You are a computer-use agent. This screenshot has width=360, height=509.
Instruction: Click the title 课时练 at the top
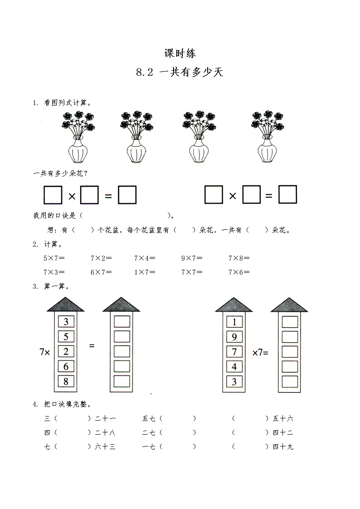coord(180,53)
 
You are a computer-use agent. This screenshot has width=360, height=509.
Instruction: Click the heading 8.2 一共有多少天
coord(180,72)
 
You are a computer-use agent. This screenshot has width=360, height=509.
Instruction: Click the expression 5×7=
coord(54,258)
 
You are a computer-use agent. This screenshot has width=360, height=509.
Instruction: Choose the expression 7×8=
coord(239,258)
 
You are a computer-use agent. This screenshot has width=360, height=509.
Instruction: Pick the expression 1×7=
coord(145,272)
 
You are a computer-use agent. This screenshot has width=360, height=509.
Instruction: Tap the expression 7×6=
coord(239,272)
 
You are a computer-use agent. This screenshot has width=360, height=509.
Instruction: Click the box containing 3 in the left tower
coord(66,322)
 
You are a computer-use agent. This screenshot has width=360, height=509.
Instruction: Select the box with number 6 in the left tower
coord(66,366)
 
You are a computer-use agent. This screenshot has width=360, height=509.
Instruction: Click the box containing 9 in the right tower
coord(234,337)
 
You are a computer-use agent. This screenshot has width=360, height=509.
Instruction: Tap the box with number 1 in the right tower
coord(234,322)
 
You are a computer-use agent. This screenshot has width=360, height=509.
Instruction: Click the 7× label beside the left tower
coord(44,352)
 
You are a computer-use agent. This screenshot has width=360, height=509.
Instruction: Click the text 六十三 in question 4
coord(105,446)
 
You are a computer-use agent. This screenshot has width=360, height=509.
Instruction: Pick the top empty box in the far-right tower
coord(290,322)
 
